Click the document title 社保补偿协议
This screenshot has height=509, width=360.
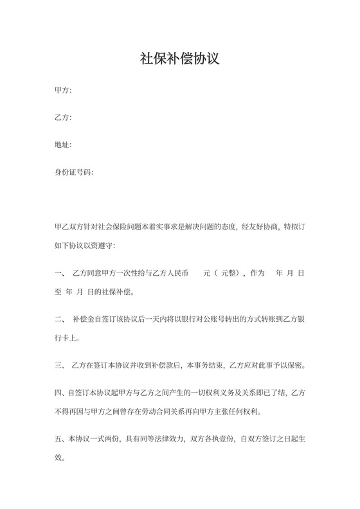(x=180, y=59)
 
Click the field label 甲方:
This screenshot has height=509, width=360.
(x=63, y=90)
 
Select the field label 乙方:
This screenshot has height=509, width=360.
(x=63, y=118)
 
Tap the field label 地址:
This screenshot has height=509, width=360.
(x=63, y=145)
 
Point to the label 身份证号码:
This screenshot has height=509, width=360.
(x=75, y=173)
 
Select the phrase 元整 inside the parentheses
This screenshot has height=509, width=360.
(x=230, y=273)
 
